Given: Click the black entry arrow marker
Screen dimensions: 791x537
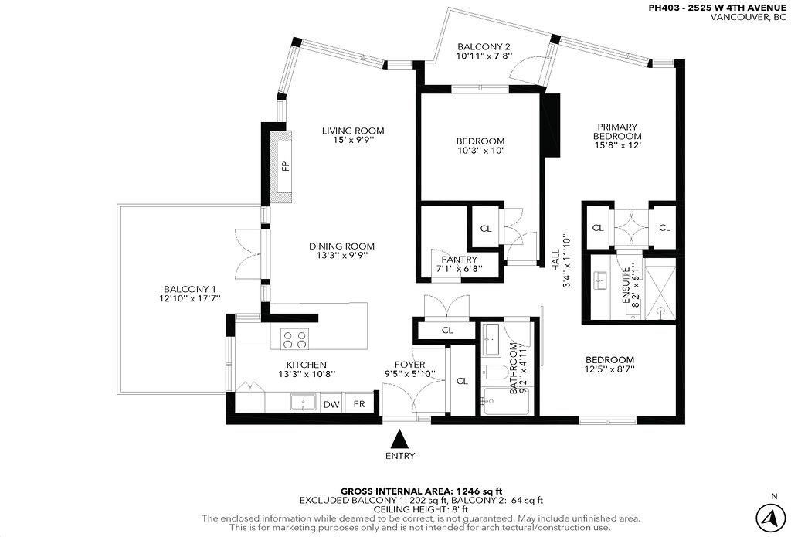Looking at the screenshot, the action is pos(400,439).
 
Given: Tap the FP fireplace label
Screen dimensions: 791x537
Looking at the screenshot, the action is pos(286,165).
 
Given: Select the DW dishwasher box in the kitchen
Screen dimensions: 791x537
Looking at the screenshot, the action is pos(331,404).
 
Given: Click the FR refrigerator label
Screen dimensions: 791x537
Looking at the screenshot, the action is pos(359,404).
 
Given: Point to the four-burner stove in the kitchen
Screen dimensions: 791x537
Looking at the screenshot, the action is pos(295,338).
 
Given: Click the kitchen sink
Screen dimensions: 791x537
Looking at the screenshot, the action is pos(303,403).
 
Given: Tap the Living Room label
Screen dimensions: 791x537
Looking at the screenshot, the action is pos(353,131).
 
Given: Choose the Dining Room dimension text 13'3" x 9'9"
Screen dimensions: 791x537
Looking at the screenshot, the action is pos(342,256).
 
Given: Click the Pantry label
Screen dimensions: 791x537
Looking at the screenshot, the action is pos(460,260).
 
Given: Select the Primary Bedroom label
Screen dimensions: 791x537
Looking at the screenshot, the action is pos(617,131).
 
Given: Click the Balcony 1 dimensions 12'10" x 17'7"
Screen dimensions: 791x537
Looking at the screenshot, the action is pos(190,298).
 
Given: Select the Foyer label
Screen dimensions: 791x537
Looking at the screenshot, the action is pos(409,365).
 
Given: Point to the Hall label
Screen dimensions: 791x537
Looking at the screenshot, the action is pos(555,260).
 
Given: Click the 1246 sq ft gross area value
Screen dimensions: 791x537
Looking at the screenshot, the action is pos(479,491).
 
